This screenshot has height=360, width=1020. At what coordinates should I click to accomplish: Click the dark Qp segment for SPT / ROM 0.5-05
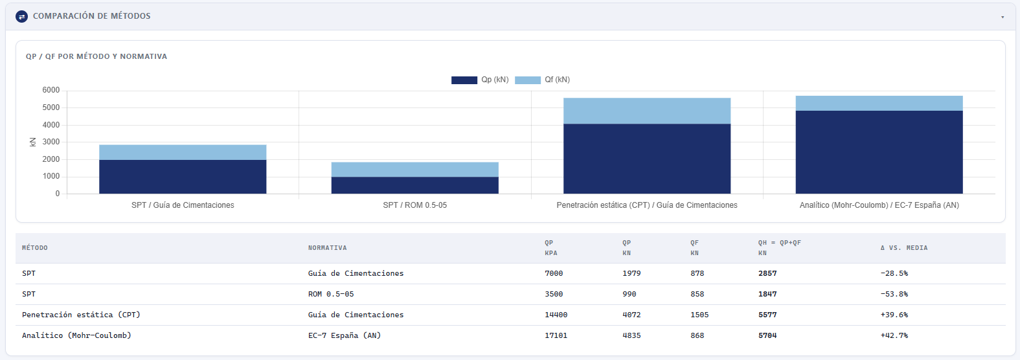(x=415, y=185)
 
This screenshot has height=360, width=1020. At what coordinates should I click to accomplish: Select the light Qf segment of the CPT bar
(x=646, y=111)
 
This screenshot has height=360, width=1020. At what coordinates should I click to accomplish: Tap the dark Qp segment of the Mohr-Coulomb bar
(x=879, y=152)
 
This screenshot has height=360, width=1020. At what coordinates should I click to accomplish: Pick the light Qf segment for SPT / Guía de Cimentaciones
(x=183, y=152)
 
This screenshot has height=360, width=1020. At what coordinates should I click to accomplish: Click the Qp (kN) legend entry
(x=480, y=80)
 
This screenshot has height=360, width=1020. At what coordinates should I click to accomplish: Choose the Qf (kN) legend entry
(x=542, y=80)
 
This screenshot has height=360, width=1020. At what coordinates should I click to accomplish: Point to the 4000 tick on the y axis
(x=51, y=125)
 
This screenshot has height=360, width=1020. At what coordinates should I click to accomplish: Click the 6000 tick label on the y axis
(x=51, y=90)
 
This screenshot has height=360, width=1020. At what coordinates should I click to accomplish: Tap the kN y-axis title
(x=33, y=142)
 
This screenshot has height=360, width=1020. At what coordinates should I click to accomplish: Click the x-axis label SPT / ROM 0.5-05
(x=415, y=205)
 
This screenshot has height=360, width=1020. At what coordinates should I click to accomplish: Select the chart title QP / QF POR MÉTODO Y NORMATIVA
(x=96, y=56)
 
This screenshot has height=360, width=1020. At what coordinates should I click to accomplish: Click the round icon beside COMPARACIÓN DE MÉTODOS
(x=21, y=17)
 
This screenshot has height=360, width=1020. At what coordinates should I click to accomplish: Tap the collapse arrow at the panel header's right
(x=1003, y=17)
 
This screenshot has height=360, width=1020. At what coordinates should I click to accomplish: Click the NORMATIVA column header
(x=328, y=248)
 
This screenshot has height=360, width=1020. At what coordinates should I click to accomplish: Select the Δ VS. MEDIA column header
(x=904, y=248)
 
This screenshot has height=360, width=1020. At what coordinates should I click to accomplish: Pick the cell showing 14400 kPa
(x=556, y=315)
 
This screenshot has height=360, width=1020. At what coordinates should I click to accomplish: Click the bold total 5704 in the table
(x=767, y=335)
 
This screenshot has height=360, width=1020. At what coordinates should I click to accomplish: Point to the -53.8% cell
(x=894, y=294)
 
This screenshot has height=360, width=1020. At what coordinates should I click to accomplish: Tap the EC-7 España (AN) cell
(x=345, y=335)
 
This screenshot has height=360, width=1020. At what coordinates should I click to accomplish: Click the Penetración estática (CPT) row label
(x=81, y=315)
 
